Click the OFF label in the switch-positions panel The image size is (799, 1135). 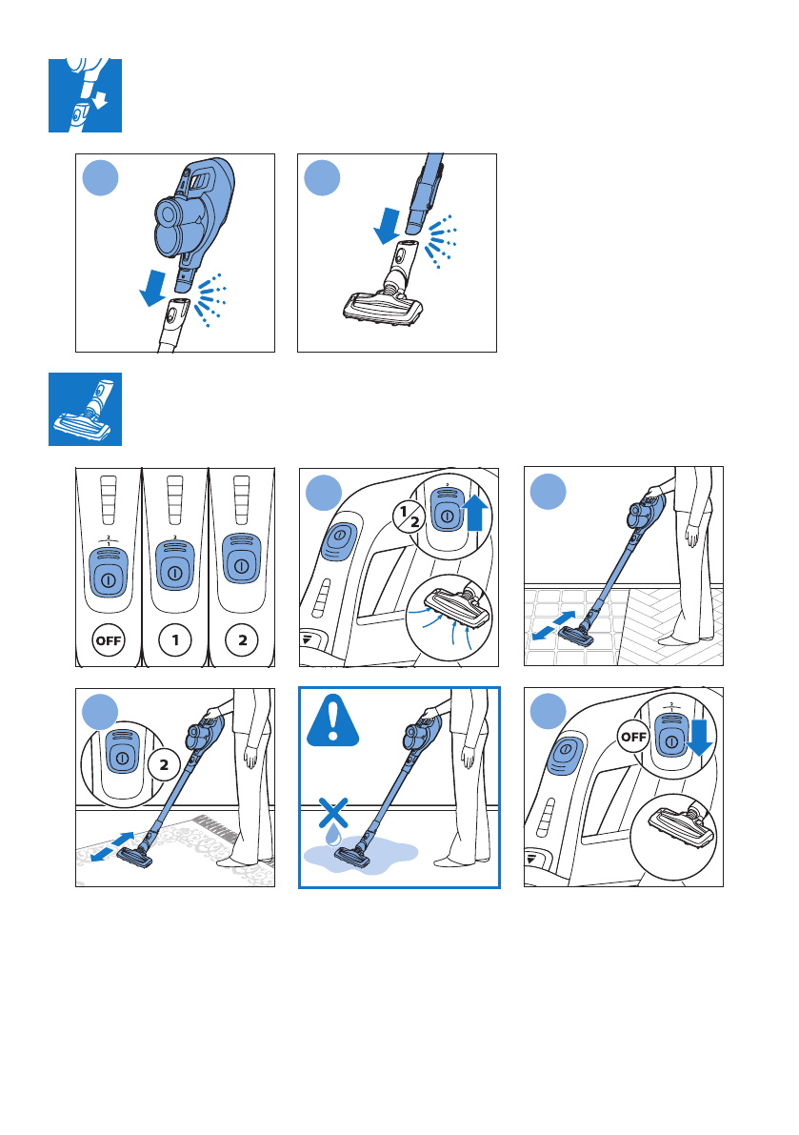(x=109, y=640)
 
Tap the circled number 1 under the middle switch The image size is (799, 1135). (x=175, y=639)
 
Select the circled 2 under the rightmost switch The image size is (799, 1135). (x=242, y=639)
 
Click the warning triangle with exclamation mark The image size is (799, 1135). (x=332, y=721)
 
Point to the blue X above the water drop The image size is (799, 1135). (x=333, y=813)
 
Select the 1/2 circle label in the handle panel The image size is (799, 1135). (x=409, y=517)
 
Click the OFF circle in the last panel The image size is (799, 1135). (x=633, y=737)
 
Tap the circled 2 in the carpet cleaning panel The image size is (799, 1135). (x=164, y=765)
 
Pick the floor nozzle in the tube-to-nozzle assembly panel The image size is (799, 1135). (x=383, y=306)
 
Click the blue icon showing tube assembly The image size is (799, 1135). (x=86, y=95)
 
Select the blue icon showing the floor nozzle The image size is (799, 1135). (x=86, y=410)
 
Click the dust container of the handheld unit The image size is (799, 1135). (x=172, y=231)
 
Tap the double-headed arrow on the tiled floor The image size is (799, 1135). (x=554, y=625)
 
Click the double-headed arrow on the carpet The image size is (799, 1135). (x=112, y=847)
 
